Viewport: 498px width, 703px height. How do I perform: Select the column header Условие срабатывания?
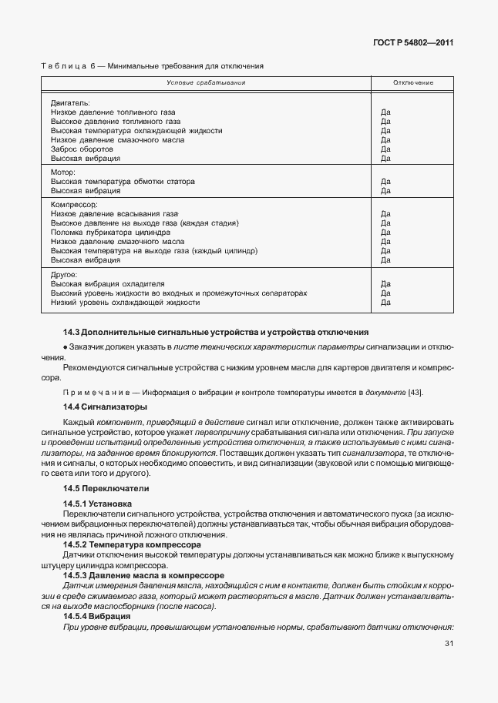pyautogui.click(x=207, y=82)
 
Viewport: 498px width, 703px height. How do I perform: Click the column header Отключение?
pyautogui.click(x=412, y=82)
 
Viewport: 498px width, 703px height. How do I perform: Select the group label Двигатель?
pyautogui.click(x=70, y=102)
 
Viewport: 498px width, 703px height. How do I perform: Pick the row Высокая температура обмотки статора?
pyautogui.click(x=123, y=182)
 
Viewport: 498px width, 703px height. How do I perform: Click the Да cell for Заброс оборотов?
pyautogui.click(x=385, y=149)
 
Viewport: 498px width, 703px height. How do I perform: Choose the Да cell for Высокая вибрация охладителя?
pyautogui.click(x=385, y=284)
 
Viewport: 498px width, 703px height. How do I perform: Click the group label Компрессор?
pyautogui.click(x=74, y=205)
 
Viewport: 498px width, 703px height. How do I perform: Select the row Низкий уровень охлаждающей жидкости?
pyautogui.click(x=125, y=303)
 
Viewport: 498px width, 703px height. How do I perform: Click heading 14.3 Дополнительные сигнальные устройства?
pyautogui.click(x=216, y=332)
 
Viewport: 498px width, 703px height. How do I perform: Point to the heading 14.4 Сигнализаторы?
pyautogui.click(x=105, y=406)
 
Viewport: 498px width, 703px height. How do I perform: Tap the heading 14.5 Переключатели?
pyautogui.click(x=106, y=489)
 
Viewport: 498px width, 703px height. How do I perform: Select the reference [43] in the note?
pyautogui.click(x=415, y=393)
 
